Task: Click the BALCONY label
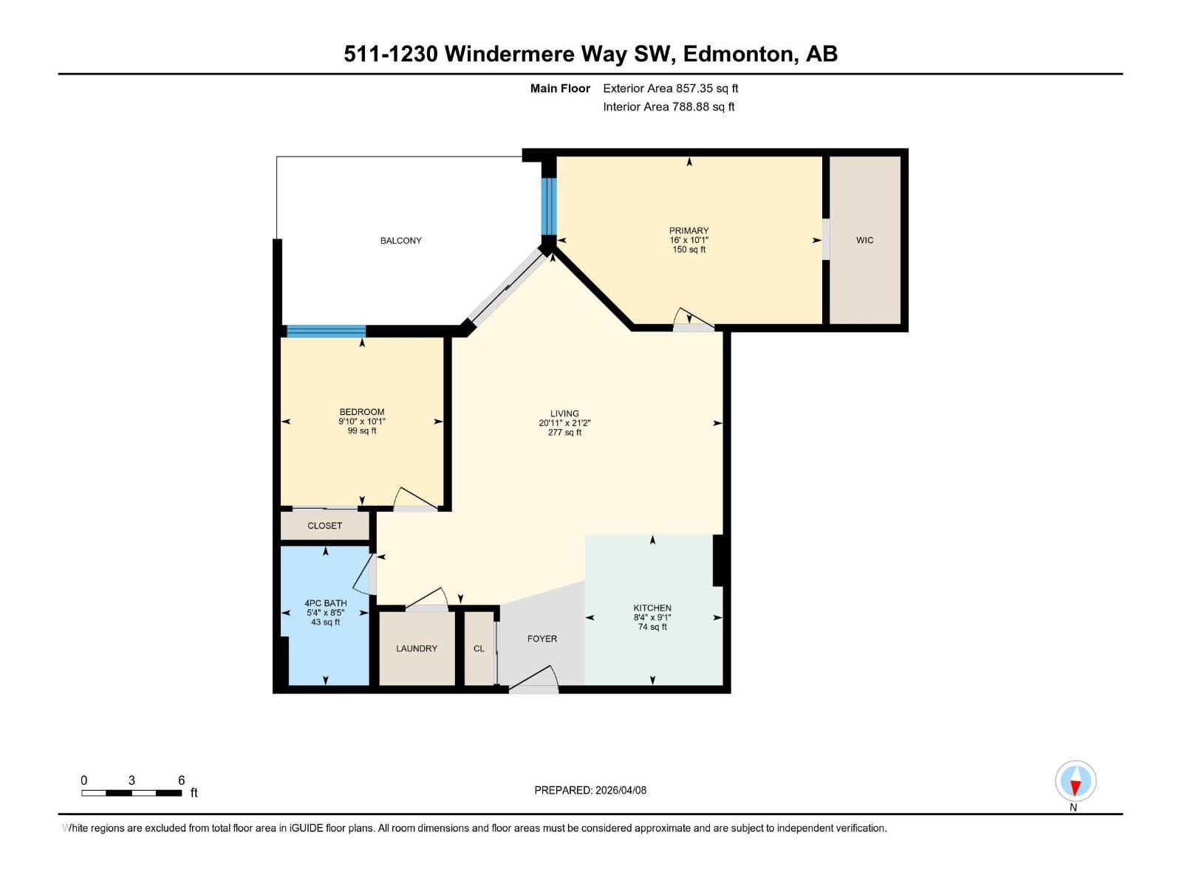[400, 241]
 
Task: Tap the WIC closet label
[864, 240]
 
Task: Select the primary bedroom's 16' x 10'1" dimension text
[689, 240]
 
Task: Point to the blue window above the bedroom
[326, 331]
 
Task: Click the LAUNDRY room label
[417, 648]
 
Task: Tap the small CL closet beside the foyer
[479, 648]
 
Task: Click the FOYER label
[542, 639]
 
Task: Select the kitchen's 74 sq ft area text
[652, 627]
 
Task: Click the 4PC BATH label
[325, 603]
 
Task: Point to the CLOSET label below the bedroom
[325, 526]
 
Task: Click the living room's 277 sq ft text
[564, 433]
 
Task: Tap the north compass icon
[1076, 782]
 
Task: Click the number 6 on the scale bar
[181, 780]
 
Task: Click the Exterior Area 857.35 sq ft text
[670, 88]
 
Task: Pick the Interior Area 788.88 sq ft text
[669, 106]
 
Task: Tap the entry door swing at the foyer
[534, 680]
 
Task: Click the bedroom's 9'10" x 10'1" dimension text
[362, 422]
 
